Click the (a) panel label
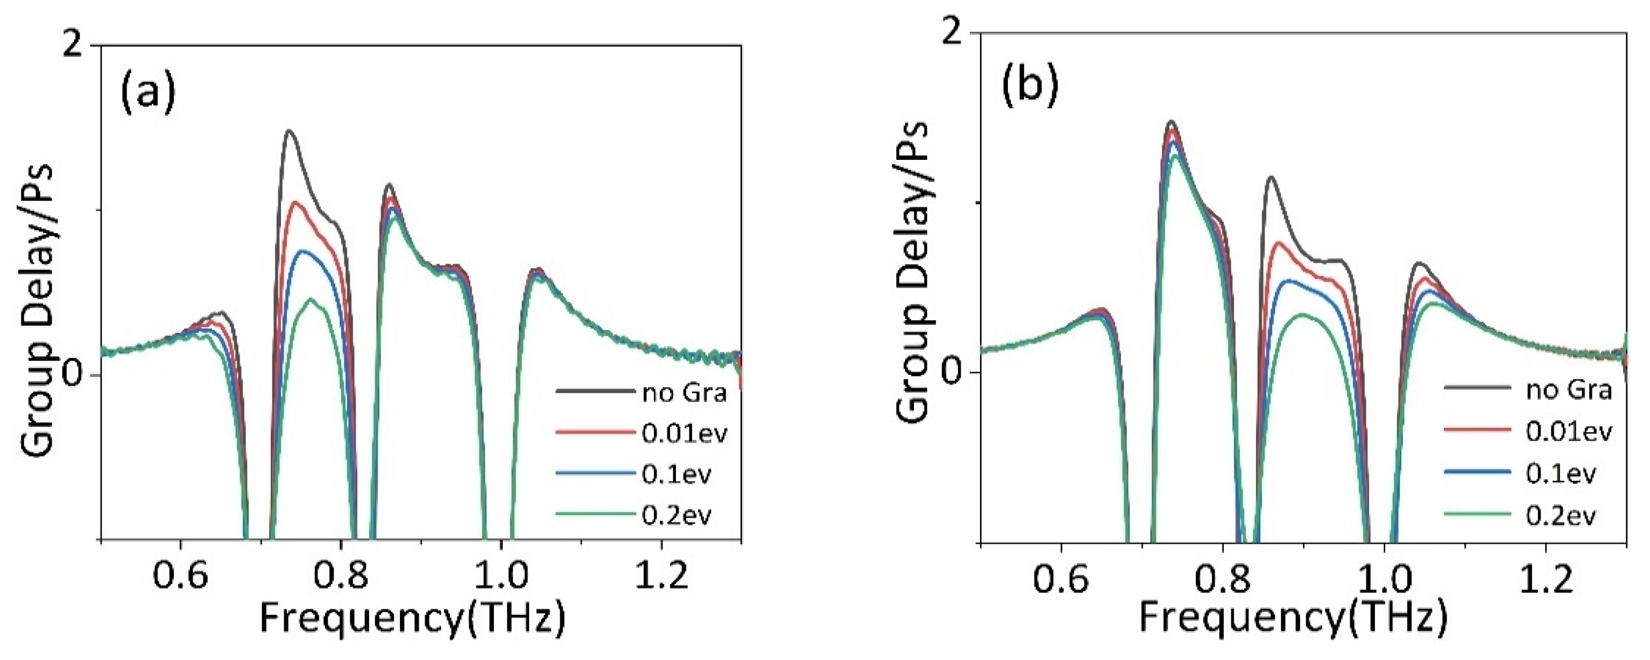tap(148, 94)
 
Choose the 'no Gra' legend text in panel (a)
tap(684, 392)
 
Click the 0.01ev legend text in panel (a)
tap(684, 434)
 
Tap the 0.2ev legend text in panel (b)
tap(1560, 514)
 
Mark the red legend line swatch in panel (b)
tap(1475, 431)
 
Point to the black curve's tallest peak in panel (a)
tap(289, 131)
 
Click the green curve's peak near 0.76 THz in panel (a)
tap(311, 299)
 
